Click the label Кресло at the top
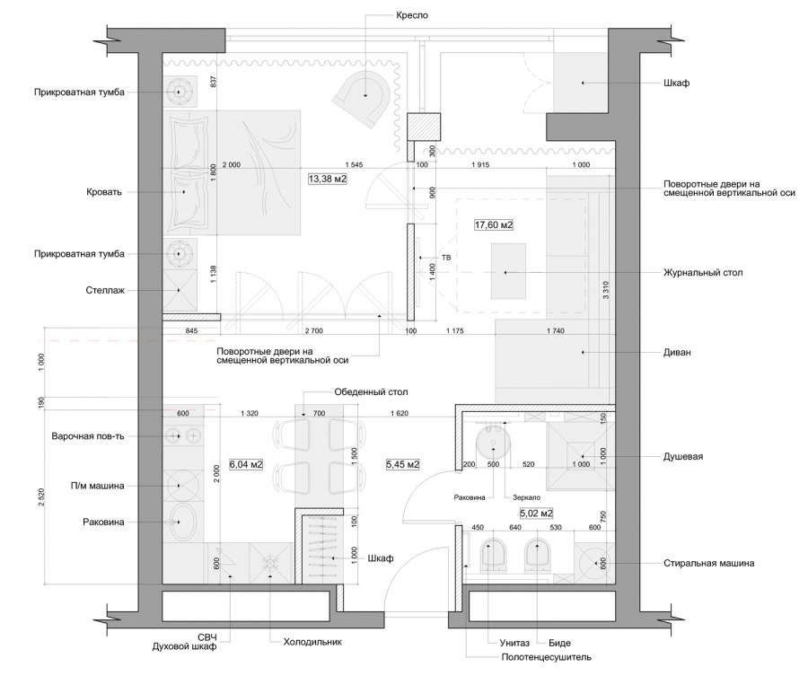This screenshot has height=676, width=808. [x=412, y=15]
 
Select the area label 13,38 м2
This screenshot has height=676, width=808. [x=327, y=180]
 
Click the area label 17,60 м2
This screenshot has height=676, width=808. [x=494, y=224]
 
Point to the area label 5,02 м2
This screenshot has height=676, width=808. [x=537, y=514]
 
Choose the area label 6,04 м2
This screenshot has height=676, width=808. [x=246, y=464]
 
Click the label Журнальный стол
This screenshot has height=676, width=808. [x=703, y=273]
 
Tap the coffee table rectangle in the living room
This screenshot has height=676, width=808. [x=509, y=271]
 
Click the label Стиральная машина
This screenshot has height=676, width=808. [x=709, y=563]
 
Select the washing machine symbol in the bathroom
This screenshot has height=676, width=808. [x=594, y=563]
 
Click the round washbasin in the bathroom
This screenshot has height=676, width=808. [x=493, y=443]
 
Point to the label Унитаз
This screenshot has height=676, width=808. [x=514, y=643]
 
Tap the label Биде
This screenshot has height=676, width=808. [x=560, y=643]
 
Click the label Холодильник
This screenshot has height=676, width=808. [x=312, y=642]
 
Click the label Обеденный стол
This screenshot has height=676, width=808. [x=371, y=392]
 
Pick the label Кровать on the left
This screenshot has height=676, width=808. [x=104, y=192]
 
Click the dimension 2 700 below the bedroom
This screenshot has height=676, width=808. [x=314, y=330]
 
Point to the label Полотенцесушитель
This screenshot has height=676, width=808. [x=546, y=657]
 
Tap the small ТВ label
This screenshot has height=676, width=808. [x=446, y=258]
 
